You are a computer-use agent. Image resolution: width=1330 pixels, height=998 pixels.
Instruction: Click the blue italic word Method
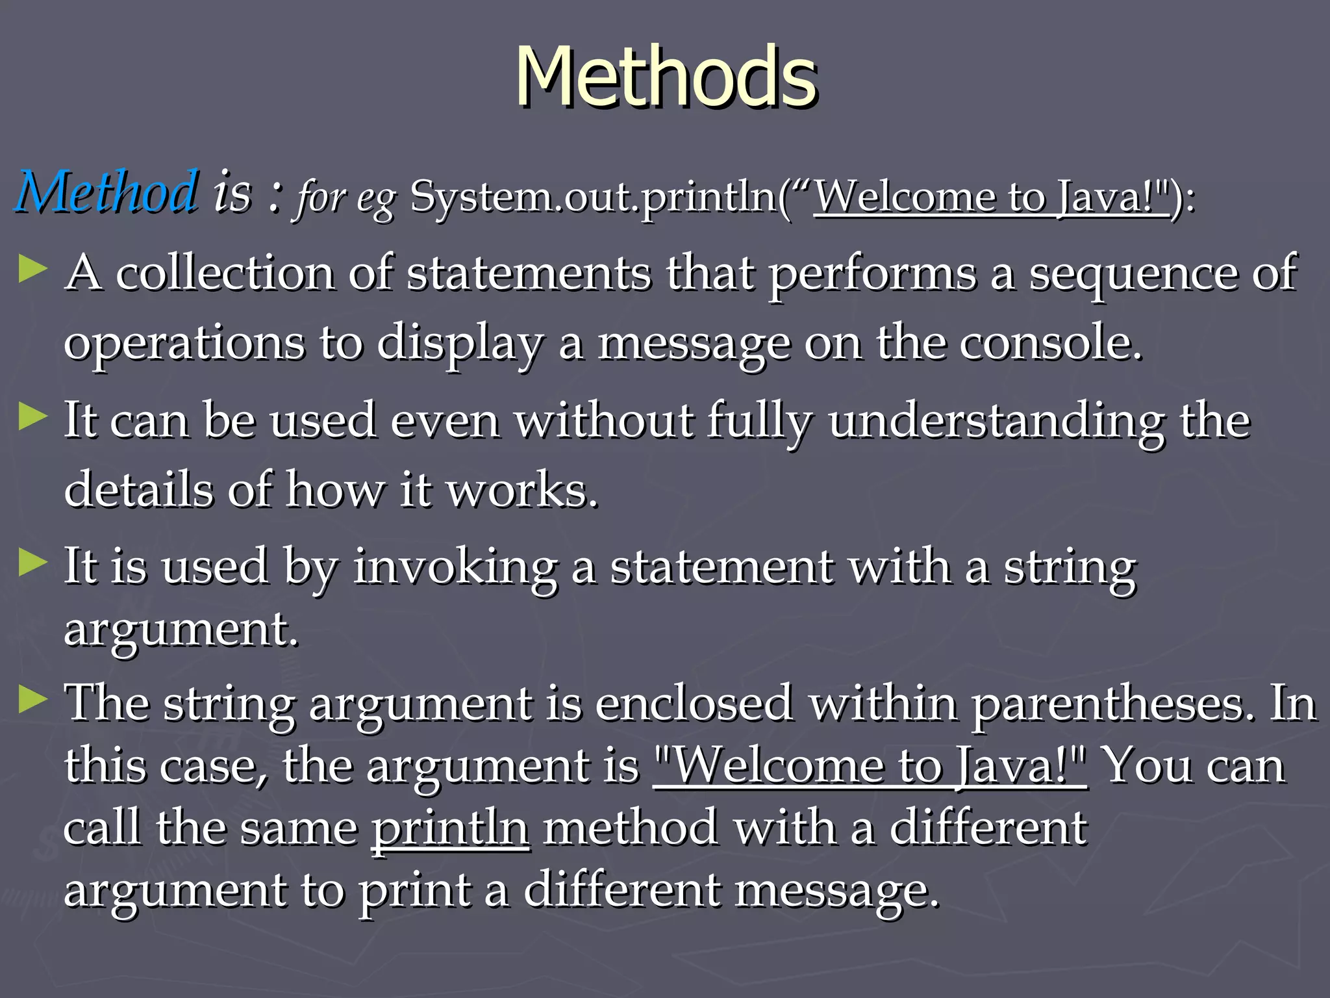click(107, 192)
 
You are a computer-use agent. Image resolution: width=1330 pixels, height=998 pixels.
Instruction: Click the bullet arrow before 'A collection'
click(33, 269)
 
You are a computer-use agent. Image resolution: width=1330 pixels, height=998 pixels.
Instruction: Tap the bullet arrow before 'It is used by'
click(33, 563)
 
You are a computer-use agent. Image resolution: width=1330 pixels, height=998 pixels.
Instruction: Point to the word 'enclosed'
click(694, 704)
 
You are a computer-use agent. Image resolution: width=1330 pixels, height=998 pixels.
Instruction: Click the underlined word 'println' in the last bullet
click(450, 828)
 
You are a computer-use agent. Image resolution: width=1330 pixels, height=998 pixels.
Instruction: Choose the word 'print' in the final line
click(416, 891)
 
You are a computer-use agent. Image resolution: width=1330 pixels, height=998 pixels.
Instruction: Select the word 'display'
click(460, 344)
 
